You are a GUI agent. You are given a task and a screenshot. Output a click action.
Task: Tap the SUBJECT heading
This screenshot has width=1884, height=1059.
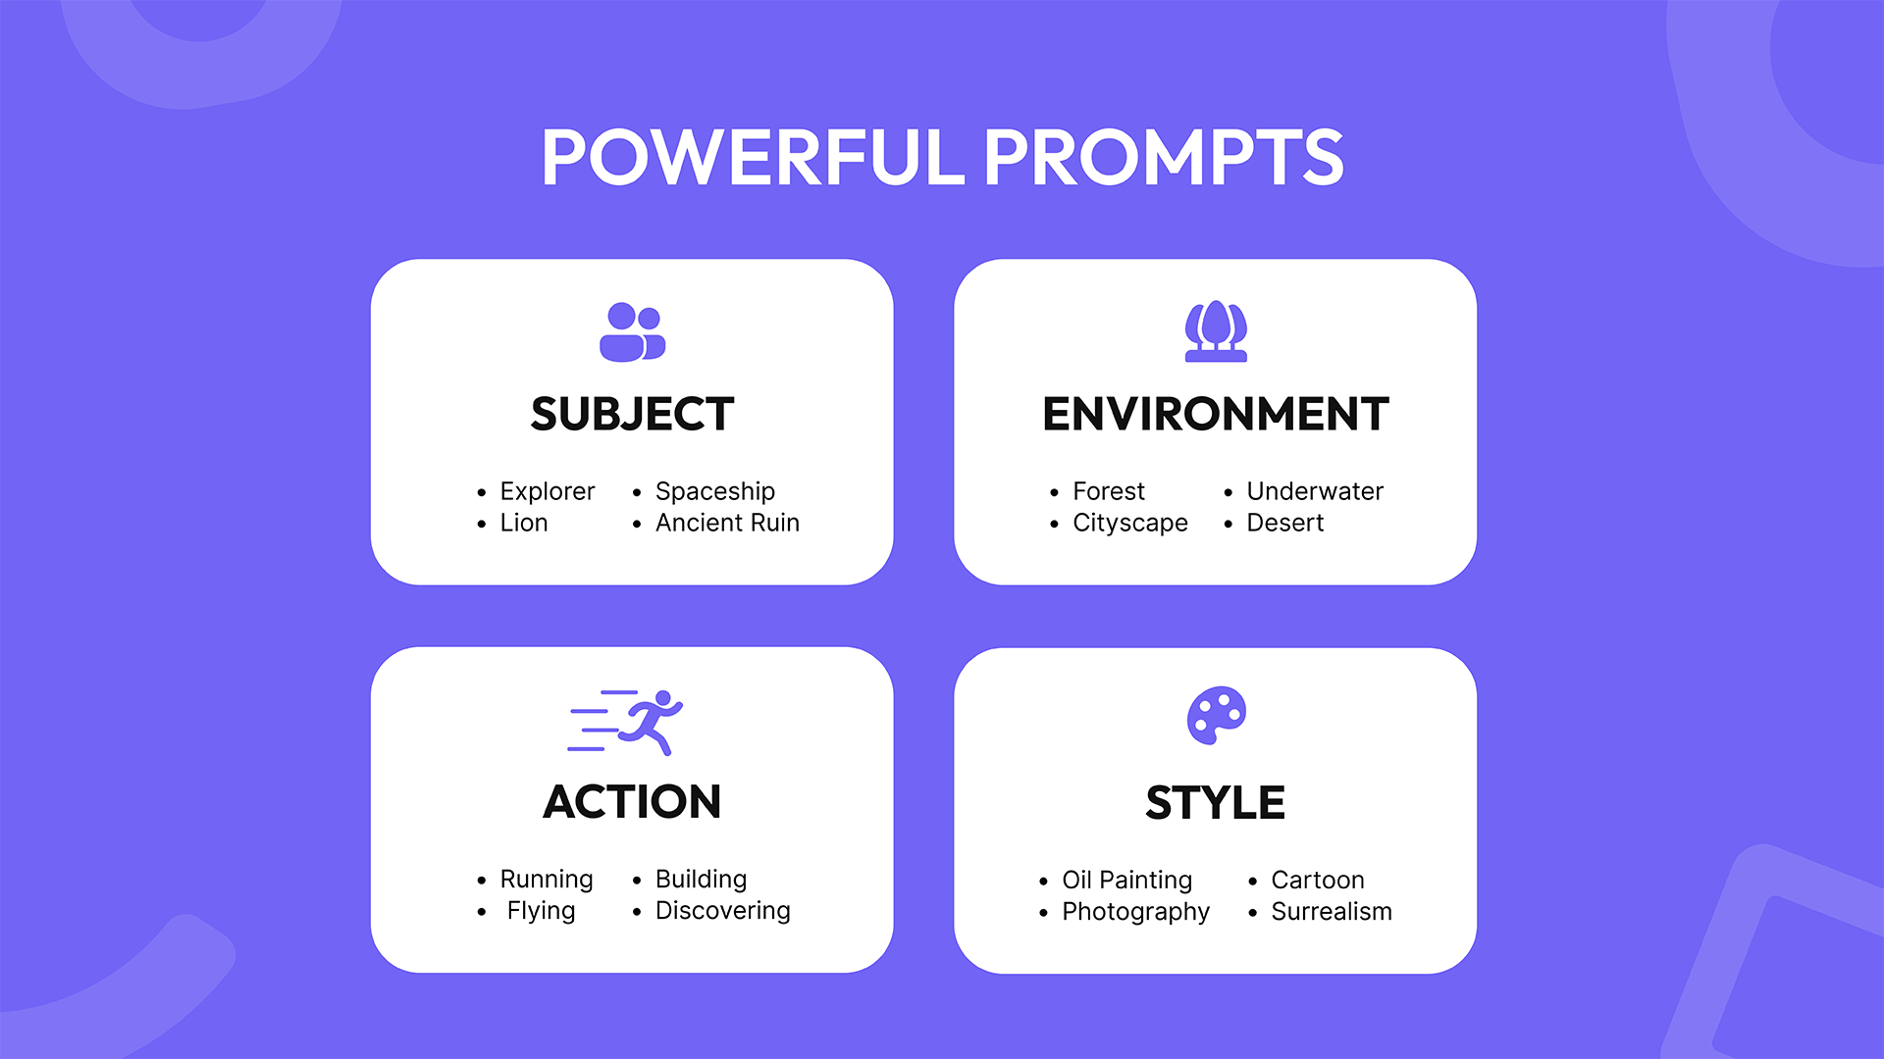(632, 414)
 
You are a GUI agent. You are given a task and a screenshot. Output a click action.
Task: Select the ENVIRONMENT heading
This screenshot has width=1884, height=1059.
(1215, 414)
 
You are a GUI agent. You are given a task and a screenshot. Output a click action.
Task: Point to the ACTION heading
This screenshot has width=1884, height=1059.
(632, 802)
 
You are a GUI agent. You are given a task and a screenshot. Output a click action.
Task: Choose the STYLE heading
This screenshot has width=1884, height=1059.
(1215, 803)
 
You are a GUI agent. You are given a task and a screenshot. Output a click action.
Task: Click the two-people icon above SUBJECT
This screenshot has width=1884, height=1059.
(632, 332)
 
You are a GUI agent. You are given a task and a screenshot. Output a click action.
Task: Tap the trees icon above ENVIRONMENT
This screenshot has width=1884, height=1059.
(1215, 331)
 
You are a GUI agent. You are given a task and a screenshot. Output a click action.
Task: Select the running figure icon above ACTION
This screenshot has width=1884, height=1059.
(628, 722)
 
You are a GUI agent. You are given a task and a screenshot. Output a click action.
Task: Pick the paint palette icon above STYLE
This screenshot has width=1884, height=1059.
(1216, 715)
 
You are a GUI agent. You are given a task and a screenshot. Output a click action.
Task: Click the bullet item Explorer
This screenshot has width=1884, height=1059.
(547, 491)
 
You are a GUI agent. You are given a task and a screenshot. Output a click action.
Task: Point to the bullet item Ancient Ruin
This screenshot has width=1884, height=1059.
(727, 523)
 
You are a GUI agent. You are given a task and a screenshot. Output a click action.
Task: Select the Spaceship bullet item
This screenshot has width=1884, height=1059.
(714, 491)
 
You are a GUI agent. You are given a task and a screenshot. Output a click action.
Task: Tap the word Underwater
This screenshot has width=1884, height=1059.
(1315, 491)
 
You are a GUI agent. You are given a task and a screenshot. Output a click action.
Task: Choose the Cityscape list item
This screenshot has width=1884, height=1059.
(1129, 523)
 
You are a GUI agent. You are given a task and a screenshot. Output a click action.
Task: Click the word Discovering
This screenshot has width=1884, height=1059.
(722, 911)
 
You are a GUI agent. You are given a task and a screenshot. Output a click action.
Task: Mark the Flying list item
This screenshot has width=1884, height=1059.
(541, 911)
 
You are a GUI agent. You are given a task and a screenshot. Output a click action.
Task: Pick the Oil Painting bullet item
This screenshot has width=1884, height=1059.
(1126, 880)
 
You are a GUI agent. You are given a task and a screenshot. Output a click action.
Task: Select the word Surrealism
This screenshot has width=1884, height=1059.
(1331, 912)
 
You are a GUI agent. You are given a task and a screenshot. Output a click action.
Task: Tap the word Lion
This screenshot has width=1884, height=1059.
(523, 523)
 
